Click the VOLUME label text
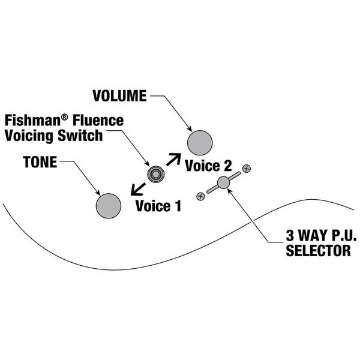tap(119, 96)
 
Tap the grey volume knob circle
tap(200, 143)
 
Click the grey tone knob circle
tap(109, 205)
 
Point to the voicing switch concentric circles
tap(156, 174)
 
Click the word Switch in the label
tap(80, 135)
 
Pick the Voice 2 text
tap(208, 166)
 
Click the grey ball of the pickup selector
tap(224, 182)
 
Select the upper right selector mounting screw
tap(246, 169)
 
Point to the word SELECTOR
tap(318, 251)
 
